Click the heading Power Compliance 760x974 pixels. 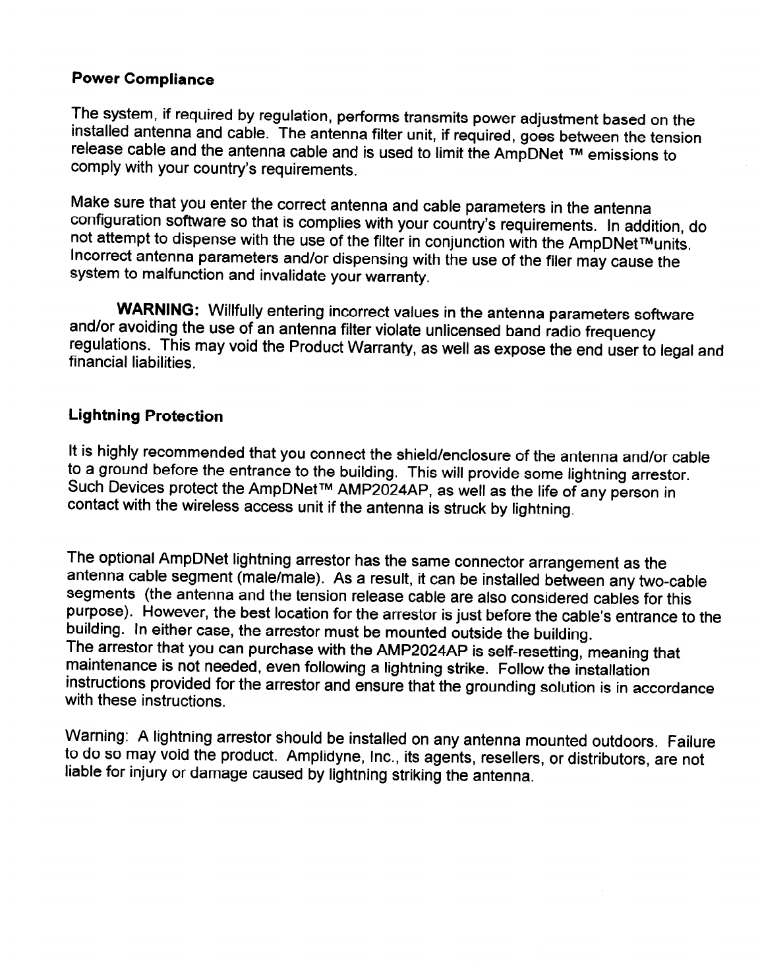point(142,80)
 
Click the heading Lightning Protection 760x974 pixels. point(146,416)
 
